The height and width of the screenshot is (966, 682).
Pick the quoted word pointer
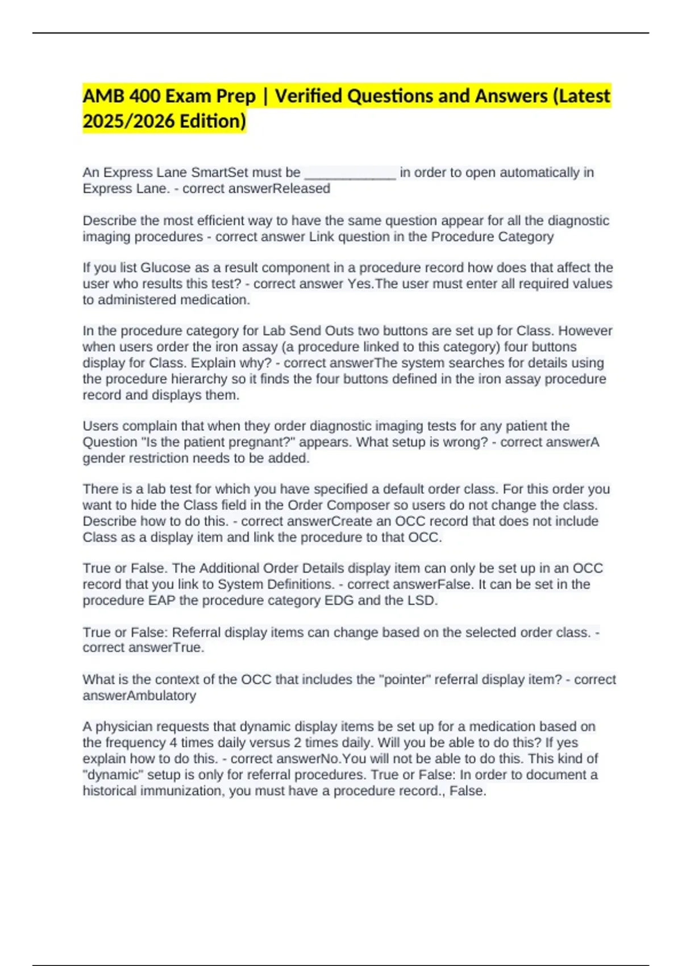pyautogui.click(x=405, y=680)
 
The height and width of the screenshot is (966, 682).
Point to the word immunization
pyautogui.click(x=182, y=790)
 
